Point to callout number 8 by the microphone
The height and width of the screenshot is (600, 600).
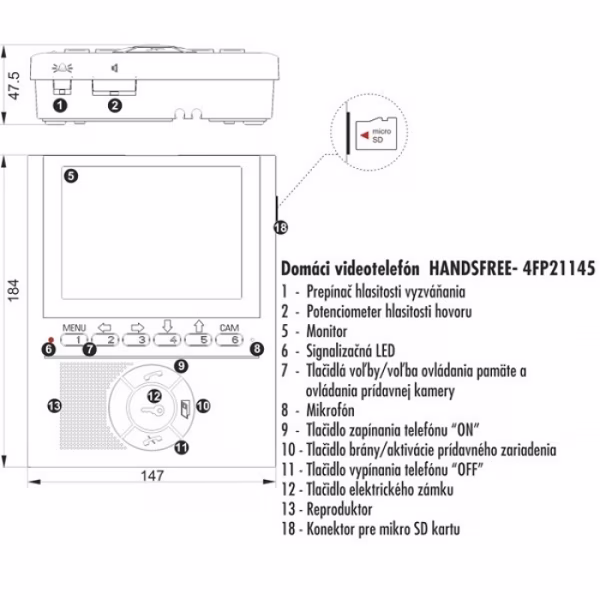[x=257, y=349]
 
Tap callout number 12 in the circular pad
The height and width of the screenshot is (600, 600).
[x=155, y=397]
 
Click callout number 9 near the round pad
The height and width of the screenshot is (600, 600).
[x=181, y=367]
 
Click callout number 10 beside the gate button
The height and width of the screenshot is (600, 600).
[x=203, y=406]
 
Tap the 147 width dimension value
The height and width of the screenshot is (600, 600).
[x=152, y=477]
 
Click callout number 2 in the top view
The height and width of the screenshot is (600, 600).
[x=114, y=104]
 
